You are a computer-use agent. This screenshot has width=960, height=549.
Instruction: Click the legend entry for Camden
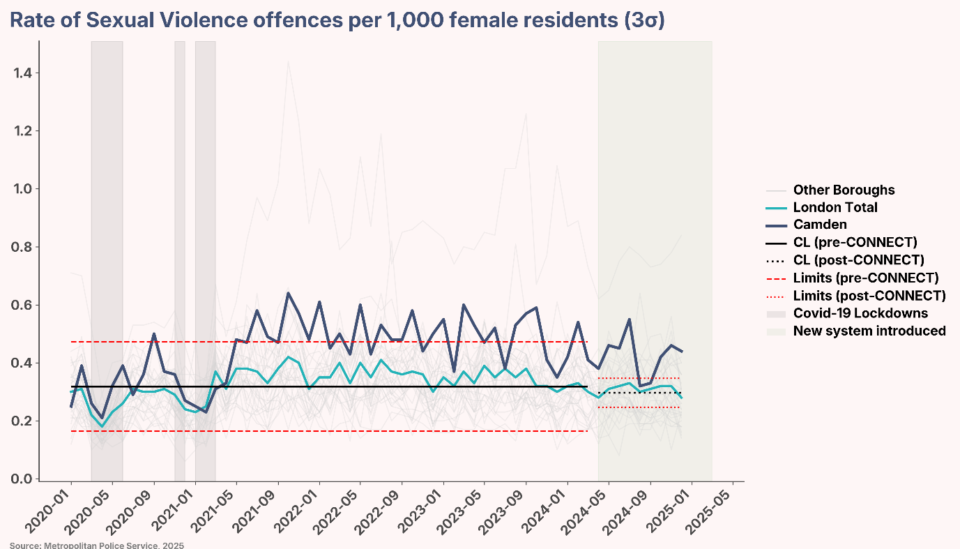820,225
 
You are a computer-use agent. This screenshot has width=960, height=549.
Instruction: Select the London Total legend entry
835,207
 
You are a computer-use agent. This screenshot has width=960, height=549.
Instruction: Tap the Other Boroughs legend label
844,190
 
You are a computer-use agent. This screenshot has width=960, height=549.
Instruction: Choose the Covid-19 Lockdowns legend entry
860,313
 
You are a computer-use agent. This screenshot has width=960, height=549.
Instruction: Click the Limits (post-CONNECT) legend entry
869,295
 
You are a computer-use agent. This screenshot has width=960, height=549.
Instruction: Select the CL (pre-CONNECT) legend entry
855,243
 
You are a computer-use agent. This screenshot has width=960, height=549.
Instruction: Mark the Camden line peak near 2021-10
289,293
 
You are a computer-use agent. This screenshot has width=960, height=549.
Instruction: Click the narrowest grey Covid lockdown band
180,258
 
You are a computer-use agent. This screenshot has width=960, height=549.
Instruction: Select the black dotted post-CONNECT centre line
639,393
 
